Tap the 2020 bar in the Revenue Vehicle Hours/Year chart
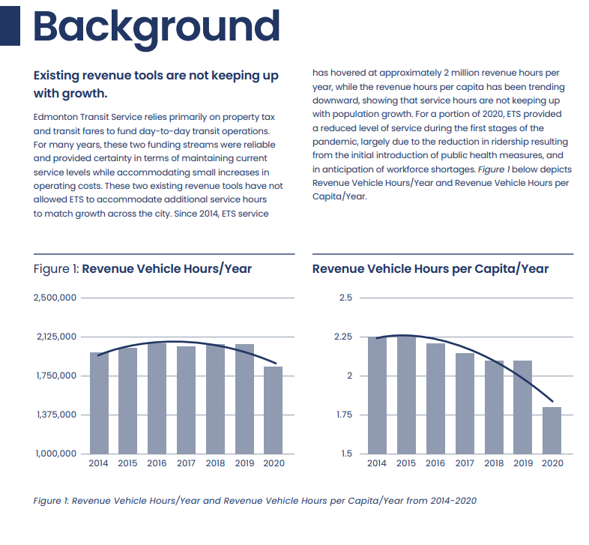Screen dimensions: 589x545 coord(273,410)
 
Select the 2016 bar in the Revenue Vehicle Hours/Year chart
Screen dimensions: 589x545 coord(157,398)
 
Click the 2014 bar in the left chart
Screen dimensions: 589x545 coord(99,403)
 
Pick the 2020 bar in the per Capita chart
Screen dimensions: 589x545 coord(552,430)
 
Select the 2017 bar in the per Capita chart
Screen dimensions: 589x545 coord(465,403)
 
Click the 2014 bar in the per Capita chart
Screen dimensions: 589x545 coord(377,395)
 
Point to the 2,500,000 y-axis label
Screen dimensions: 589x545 coord(55,298)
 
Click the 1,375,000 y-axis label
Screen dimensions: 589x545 coord(56,415)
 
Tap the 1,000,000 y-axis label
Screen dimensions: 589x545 coord(56,454)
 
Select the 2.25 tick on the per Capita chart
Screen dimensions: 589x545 coord(343,337)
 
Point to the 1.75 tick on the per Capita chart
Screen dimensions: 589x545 coord(344,415)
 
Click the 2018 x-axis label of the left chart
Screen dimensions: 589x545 coord(215,463)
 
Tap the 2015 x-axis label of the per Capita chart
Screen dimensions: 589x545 coord(406,463)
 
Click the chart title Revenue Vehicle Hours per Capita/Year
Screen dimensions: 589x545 coord(430,269)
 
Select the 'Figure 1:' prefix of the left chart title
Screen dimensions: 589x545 coord(56,269)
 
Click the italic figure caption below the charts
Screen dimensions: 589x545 coord(255,501)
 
